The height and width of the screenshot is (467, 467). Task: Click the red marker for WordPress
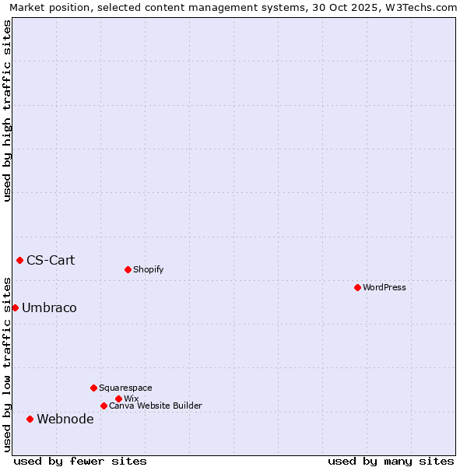click(x=357, y=287)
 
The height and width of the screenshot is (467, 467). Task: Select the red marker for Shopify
click(x=128, y=269)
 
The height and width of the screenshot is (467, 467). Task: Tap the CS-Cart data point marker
click(x=19, y=260)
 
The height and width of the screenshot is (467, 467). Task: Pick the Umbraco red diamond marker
click(x=15, y=307)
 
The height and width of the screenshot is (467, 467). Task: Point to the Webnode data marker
click(x=30, y=419)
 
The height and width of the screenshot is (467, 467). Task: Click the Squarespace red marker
click(x=93, y=388)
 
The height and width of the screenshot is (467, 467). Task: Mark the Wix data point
click(x=118, y=399)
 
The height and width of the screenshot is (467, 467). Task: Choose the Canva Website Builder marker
click(x=104, y=406)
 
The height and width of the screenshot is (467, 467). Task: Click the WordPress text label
click(x=384, y=287)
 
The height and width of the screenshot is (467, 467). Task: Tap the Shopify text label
click(x=149, y=269)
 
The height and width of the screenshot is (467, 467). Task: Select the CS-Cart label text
click(x=51, y=260)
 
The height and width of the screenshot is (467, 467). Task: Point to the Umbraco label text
click(x=49, y=307)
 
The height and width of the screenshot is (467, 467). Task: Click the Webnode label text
click(x=65, y=419)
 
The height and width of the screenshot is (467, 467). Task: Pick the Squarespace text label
click(x=125, y=388)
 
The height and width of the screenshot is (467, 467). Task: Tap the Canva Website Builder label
click(x=156, y=406)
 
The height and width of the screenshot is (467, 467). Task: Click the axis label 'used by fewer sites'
click(x=80, y=461)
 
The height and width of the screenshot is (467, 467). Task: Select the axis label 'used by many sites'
click(x=391, y=461)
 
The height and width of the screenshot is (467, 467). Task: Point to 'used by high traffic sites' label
click(x=7, y=111)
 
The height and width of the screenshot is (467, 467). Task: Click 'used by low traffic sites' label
click(x=7, y=363)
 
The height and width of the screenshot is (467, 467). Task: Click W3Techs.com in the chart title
click(x=425, y=7)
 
